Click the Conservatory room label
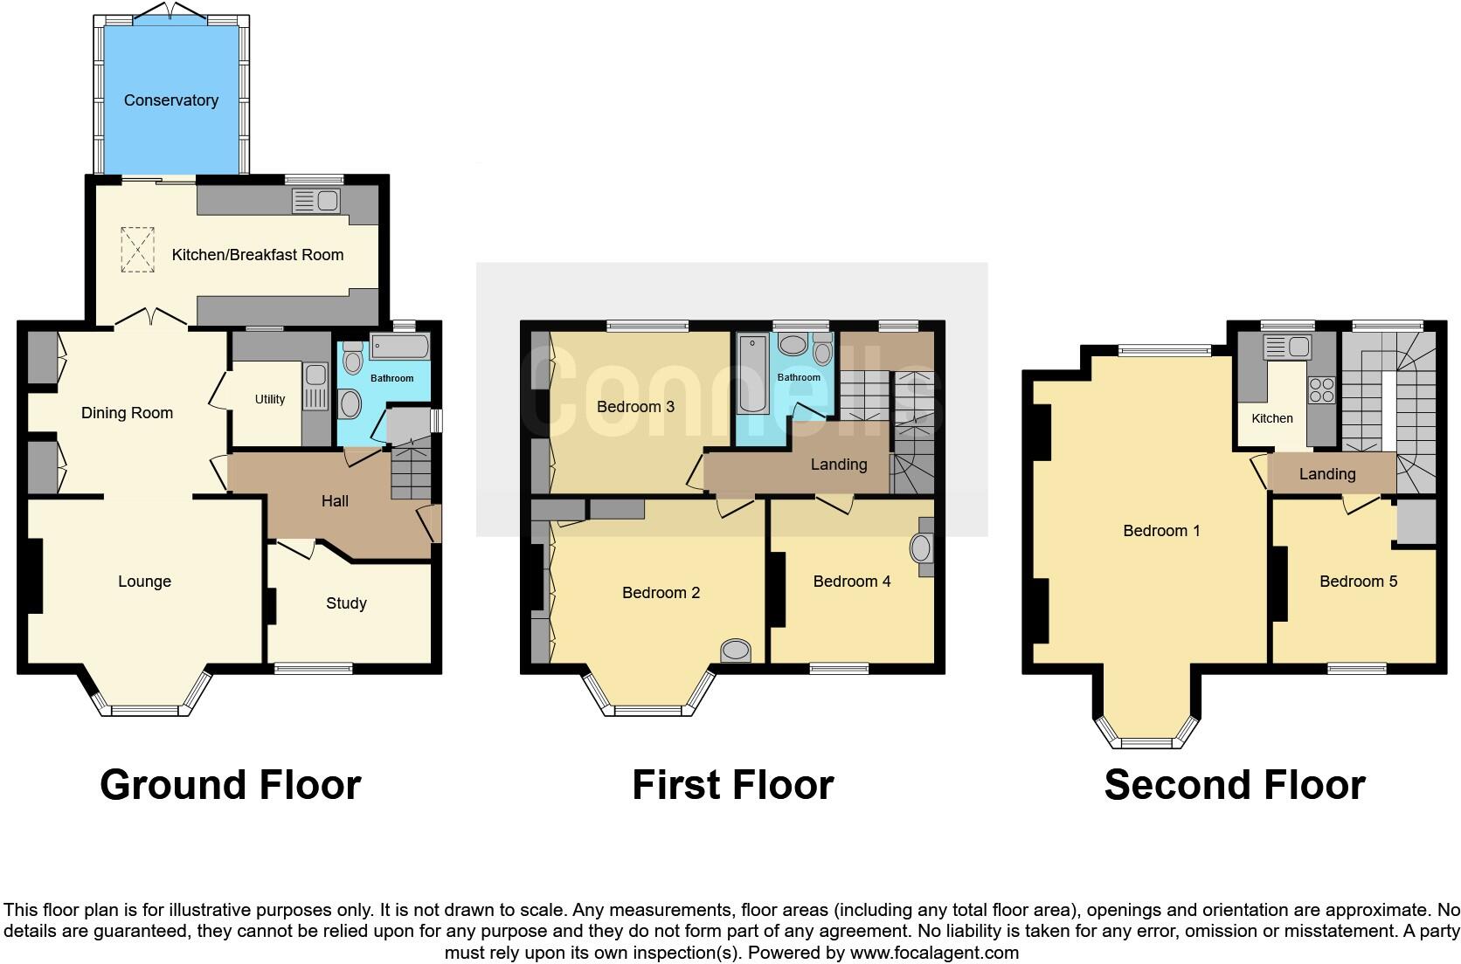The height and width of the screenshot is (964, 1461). point(170,100)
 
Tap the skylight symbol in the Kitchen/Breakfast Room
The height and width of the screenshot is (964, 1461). point(137,249)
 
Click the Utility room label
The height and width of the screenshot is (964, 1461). point(270,399)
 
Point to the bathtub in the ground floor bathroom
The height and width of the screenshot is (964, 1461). point(400,348)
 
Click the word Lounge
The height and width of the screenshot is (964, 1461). point(144,582)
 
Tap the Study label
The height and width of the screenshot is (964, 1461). point(346,603)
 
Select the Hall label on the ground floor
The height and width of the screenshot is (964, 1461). point(335,501)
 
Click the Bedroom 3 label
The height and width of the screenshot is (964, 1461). point(635,407)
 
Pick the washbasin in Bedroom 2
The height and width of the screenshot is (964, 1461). point(736,651)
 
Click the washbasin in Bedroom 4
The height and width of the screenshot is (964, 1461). point(921,548)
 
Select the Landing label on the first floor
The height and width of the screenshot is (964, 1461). point(838,465)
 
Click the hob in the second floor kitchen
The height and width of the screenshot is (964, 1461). point(1320,389)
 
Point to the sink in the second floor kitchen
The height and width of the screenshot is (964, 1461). point(1287,348)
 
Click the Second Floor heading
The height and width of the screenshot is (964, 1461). point(1234,785)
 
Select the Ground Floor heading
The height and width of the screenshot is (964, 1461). point(230,785)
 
